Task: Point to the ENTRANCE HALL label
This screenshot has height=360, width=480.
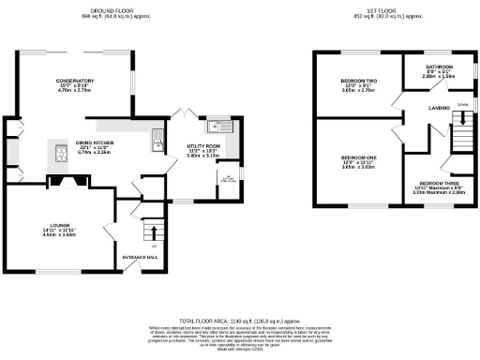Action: (140, 255)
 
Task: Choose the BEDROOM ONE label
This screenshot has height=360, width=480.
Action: (355, 157)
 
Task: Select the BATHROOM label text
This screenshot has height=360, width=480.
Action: (439, 67)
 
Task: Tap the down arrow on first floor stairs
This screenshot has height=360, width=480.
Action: (461, 117)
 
